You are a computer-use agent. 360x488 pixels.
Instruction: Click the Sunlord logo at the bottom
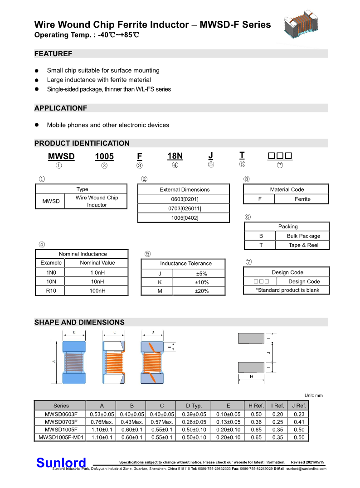pyautogui.click(x=61, y=463)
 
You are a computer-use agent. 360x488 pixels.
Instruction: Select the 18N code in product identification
pyautogui.click(x=175, y=156)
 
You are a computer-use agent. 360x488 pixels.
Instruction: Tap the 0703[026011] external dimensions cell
pyautogui.click(x=184, y=208)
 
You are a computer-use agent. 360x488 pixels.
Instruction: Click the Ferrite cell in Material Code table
pyautogui.click(x=302, y=199)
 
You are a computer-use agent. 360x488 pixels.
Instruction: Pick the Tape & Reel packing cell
pyautogui.click(x=303, y=245)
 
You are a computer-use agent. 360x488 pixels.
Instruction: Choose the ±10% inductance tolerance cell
pyautogui.click(x=202, y=282)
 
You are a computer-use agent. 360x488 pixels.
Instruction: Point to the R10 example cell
pyautogui.click(x=51, y=290)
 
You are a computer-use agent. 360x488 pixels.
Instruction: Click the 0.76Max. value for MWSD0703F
pyautogui.click(x=102, y=421)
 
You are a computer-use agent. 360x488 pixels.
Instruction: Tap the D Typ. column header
pyautogui.click(x=197, y=406)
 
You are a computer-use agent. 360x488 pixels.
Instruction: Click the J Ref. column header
pyautogui.click(x=299, y=406)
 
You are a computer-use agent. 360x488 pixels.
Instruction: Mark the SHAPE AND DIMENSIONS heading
pyautogui.click(x=79, y=322)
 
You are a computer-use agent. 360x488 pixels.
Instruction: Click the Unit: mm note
pyautogui.click(x=313, y=396)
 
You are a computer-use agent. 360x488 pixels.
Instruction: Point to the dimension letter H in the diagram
pyautogui.click(x=251, y=376)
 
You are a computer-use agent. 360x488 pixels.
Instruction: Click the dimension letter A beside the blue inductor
pyautogui.click(x=54, y=361)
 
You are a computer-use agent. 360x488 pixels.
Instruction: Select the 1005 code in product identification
pyautogui.click(x=104, y=157)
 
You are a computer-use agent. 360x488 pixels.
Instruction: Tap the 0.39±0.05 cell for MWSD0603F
pyautogui.click(x=197, y=414)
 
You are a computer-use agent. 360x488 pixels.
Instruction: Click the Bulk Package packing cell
pyautogui.click(x=303, y=236)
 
